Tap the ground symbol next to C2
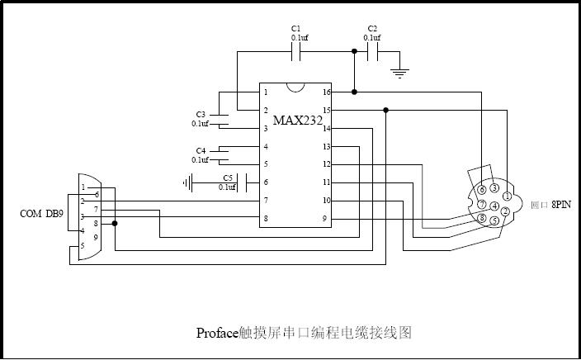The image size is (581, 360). [x=400, y=73]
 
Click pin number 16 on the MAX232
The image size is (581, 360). [x=327, y=92]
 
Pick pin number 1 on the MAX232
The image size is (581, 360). [x=266, y=92]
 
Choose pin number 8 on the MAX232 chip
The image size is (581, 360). [x=266, y=218]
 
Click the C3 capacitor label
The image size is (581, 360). [x=201, y=115]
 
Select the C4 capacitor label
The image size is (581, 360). [x=201, y=150]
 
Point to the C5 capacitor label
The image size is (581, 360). [x=228, y=178]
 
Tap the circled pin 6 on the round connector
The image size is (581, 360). [x=482, y=189]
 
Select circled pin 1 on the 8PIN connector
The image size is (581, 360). [x=507, y=197]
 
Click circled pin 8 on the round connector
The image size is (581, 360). [x=482, y=218]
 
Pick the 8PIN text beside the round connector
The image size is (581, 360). [x=561, y=204]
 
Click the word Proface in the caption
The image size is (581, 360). [x=217, y=333]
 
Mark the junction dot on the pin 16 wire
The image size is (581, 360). [x=354, y=92]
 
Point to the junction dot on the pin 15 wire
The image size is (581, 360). [x=385, y=110]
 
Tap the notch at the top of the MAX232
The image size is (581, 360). [x=296, y=87]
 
